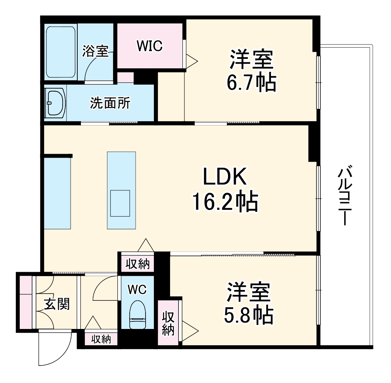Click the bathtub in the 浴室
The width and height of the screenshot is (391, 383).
(x=61, y=52)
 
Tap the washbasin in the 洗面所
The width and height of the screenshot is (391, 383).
(x=55, y=103)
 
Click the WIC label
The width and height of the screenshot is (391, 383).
(x=149, y=46)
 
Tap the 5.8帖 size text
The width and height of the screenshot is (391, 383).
(x=248, y=315)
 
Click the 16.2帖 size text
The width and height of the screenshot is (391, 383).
(x=225, y=202)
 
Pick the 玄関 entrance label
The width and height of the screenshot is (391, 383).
(x=57, y=304)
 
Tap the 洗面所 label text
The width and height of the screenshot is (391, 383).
(x=109, y=103)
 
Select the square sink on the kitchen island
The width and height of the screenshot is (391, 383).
(x=120, y=203)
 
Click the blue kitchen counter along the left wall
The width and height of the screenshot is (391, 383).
(x=57, y=193)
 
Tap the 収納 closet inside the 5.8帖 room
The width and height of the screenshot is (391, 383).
(x=168, y=322)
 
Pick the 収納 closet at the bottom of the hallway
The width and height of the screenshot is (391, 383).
(x=101, y=339)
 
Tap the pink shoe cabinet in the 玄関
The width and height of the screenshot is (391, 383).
(x=26, y=302)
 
